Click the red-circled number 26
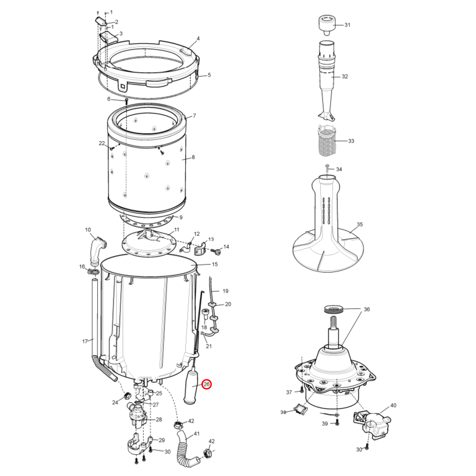tap(207, 384)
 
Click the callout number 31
tap(347, 25)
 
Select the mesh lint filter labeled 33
tap(326, 140)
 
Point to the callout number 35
tap(360, 224)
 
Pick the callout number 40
tap(393, 405)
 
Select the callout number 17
tap(85, 342)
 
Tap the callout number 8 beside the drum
tap(193, 157)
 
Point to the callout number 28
tap(159, 419)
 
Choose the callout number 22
tap(102, 143)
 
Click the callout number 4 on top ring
tap(198, 38)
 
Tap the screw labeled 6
tap(127, 101)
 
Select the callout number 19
tap(225, 291)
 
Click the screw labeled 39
tap(337, 423)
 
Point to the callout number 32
tap(345, 77)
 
